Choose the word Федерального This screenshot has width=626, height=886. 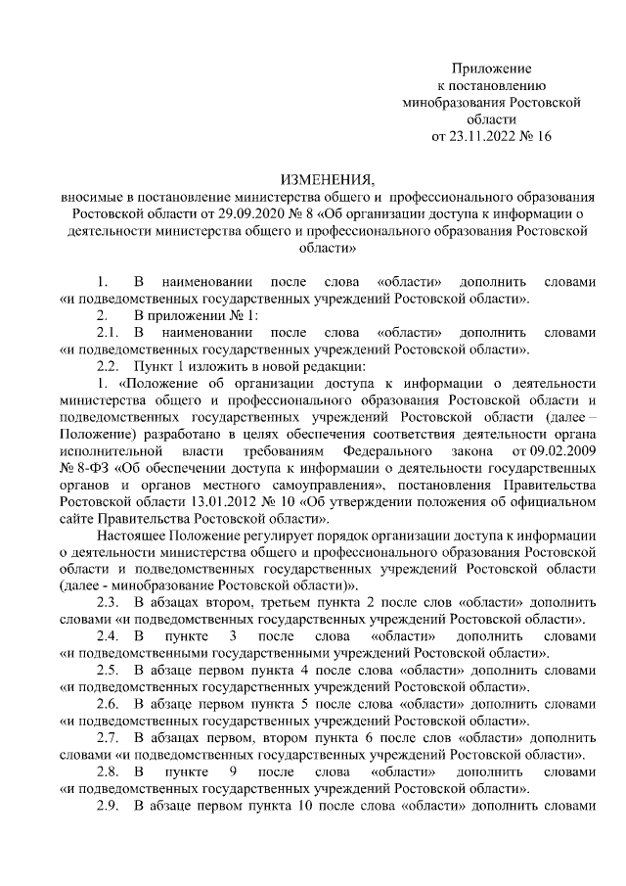pos(388,451)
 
